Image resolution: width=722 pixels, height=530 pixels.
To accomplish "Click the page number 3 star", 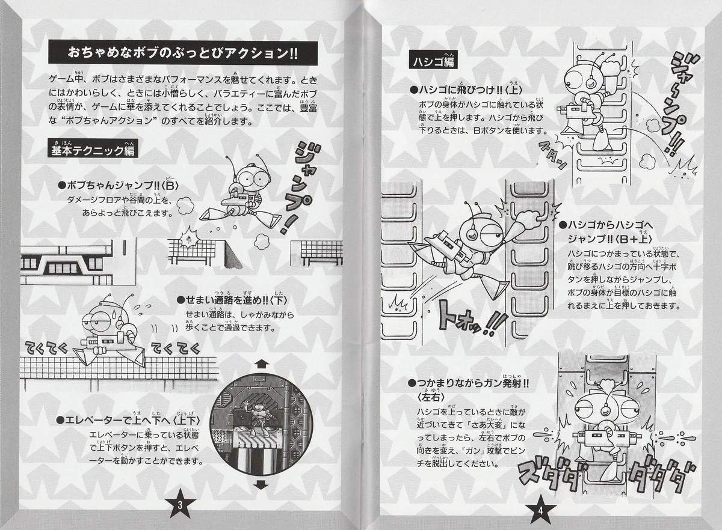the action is (x=180, y=505).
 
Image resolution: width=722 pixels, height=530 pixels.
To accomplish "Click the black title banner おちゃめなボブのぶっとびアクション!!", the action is (x=183, y=53).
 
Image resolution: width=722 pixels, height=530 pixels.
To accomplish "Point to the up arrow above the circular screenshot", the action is (x=261, y=364).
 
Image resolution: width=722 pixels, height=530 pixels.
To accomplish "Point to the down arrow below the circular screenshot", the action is (x=261, y=484).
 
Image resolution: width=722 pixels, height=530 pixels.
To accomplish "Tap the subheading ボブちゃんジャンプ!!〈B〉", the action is (x=119, y=186).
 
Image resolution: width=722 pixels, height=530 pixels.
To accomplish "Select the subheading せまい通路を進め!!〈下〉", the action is (x=232, y=300).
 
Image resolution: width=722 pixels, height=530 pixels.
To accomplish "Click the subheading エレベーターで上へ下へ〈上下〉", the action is (x=128, y=420).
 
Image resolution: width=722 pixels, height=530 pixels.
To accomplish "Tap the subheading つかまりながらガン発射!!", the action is (x=468, y=383).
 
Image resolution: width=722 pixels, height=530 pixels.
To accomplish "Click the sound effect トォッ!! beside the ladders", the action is (x=472, y=318).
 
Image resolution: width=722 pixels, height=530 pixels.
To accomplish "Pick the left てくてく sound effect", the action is (x=47, y=349).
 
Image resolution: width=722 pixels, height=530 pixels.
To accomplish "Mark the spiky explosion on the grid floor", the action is (x=188, y=238).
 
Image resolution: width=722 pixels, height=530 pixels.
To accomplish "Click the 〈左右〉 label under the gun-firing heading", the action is (x=430, y=397).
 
